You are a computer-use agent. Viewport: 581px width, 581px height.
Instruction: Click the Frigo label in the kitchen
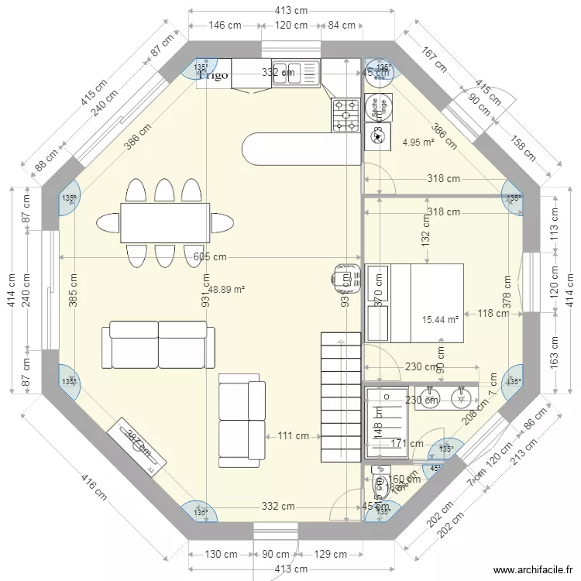coord(214,75)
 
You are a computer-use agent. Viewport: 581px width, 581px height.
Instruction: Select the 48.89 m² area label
coord(226,289)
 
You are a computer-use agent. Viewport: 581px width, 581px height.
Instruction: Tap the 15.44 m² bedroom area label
coord(440,319)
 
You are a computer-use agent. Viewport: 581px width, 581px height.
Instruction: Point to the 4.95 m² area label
coord(418,142)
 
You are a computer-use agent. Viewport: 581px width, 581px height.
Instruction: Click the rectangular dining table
coord(165,222)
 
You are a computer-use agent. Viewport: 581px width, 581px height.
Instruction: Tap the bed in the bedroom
coord(425,302)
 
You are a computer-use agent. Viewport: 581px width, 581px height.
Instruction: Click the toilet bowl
coord(381,487)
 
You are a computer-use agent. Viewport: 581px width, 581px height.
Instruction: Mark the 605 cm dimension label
coord(210,257)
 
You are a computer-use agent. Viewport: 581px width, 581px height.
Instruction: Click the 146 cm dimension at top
coord(225,26)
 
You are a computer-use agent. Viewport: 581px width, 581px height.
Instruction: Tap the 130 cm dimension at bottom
coord(221,554)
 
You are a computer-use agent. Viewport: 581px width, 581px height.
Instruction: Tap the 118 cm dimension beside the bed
coord(493,314)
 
